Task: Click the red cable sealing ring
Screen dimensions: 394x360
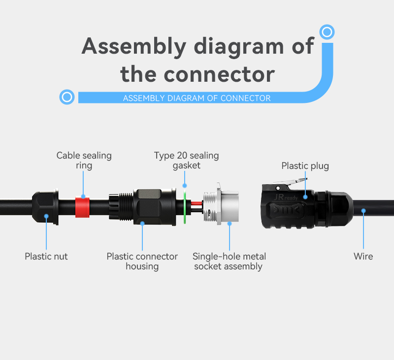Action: [x=82, y=207]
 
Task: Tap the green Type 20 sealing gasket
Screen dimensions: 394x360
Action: [x=185, y=207]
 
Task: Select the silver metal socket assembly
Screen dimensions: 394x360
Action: [x=221, y=204]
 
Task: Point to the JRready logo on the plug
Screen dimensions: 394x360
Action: [x=286, y=197]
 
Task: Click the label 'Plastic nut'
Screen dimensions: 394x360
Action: [x=46, y=257]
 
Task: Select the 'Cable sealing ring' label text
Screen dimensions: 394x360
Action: [x=84, y=161]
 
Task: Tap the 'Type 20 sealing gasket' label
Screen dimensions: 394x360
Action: [x=187, y=161]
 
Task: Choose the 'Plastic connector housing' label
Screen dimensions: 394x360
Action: [x=142, y=262]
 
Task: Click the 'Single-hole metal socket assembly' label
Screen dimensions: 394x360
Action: [x=229, y=262]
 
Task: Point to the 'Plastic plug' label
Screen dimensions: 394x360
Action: [x=305, y=166]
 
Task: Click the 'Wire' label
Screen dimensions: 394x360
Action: [x=363, y=257]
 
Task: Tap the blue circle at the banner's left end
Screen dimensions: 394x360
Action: [x=67, y=97]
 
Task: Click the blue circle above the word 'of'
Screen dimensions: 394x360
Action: [x=327, y=32]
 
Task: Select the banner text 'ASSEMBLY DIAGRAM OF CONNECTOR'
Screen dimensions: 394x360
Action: [x=197, y=98]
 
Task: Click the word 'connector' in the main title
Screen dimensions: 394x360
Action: [x=219, y=74]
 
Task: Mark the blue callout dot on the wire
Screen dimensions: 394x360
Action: [x=363, y=211]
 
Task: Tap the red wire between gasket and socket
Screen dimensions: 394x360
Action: [x=197, y=203]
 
